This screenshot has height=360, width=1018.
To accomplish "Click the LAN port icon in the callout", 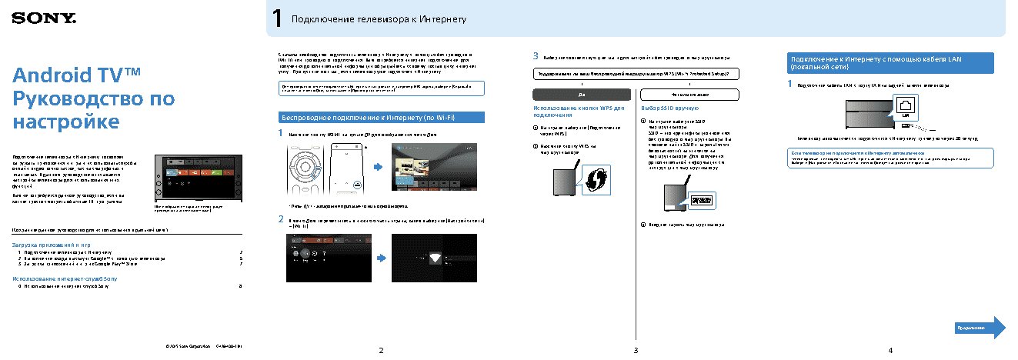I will click(906, 106).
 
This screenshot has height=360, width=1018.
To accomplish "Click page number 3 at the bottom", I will click(636, 351).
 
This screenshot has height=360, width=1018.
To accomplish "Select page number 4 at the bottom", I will click(890, 351).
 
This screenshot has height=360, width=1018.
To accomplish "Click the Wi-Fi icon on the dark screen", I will click(436, 258).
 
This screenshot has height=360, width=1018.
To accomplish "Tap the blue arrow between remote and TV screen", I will click(377, 167).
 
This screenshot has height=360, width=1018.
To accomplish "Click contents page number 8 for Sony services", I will click(241, 286).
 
